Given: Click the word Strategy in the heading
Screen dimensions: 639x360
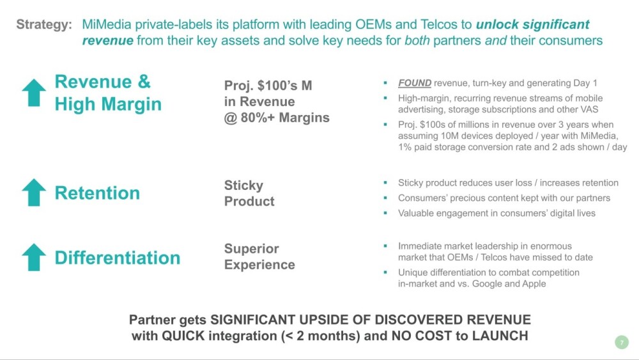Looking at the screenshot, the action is pos(44,25).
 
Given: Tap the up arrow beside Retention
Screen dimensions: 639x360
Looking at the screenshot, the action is pos(34,192).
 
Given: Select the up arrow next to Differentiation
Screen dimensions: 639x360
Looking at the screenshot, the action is pos(34,257).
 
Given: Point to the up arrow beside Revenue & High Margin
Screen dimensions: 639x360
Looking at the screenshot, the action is pos(34,93).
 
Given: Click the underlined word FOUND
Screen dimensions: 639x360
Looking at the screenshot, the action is pos(415,83).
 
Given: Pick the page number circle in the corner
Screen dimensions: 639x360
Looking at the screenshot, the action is pos(622,343).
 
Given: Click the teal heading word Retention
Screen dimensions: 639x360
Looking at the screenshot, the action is pos(97,193).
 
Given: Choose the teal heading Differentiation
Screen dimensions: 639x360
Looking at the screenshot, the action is pos(118,258).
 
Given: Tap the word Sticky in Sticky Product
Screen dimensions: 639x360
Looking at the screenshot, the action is pos(243,185).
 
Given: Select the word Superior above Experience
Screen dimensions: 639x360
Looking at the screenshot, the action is pos(251,249).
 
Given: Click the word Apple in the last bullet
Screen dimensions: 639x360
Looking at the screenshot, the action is pos(534,284).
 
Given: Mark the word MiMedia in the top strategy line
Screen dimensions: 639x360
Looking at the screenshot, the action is pos(107,24).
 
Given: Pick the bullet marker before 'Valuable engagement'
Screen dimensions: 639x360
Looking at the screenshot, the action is pos(385,212).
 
